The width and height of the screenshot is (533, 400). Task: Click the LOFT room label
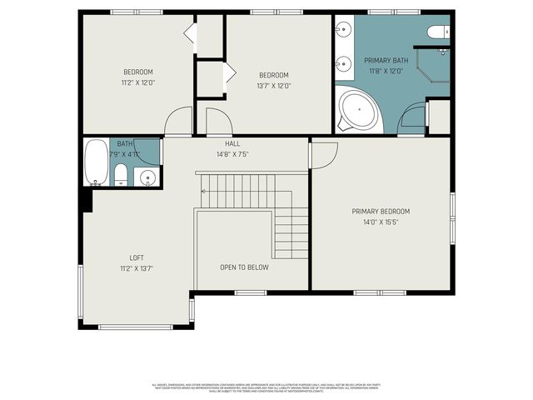coord(136,257)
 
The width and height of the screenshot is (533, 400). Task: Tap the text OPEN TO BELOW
coord(244,267)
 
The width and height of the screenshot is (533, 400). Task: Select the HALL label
coord(232,143)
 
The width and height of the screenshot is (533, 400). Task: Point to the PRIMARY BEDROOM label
coord(381,211)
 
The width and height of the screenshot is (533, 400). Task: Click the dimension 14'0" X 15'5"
coord(381,222)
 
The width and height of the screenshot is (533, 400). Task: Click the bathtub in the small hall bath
coord(97,162)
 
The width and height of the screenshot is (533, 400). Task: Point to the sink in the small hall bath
coord(147,177)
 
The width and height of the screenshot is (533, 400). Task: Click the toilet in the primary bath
coord(437,32)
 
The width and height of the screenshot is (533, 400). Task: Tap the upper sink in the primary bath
coord(342,32)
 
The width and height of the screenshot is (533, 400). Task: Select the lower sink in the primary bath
coord(342,62)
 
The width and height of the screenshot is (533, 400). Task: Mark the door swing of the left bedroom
coord(177,123)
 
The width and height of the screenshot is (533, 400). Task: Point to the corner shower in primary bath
coord(432,66)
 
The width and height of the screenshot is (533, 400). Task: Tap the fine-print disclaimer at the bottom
coord(266,387)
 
